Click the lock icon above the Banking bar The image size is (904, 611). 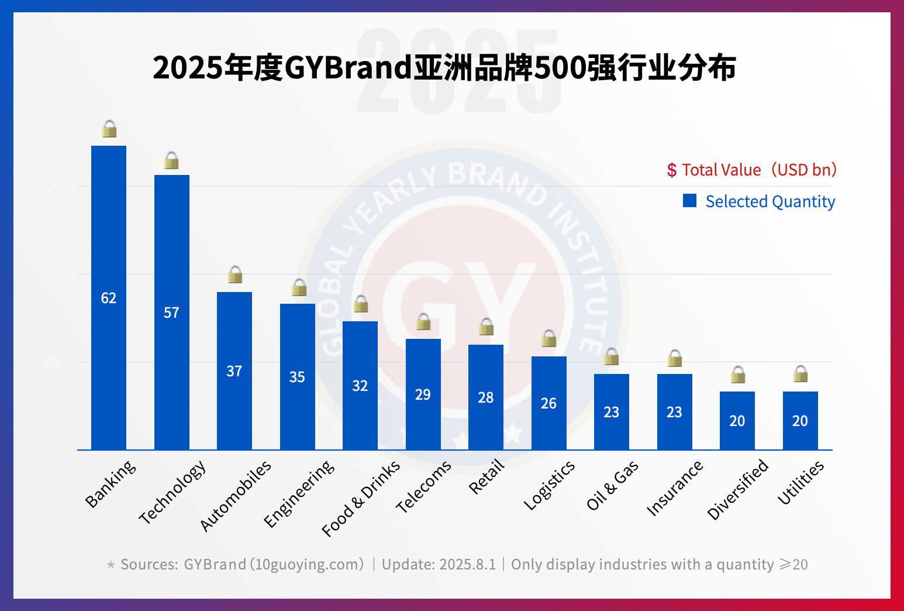pos(109,129)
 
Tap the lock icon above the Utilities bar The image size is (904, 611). pos(801,373)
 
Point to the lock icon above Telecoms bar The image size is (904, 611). pos(423,321)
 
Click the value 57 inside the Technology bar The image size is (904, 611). pos(171,313)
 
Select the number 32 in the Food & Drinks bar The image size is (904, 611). pos(360,386)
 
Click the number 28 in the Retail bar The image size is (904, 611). pos(486,397)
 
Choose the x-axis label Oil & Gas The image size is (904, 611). pos(612,485)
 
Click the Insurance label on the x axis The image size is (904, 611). pos(675,488)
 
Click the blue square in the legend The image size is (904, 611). pos(690,201)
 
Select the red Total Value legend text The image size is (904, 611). pos(753,170)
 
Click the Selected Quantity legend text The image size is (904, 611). pos(770,201)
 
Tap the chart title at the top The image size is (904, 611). pos(444,68)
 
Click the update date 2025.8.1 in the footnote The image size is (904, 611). pos(467,564)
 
